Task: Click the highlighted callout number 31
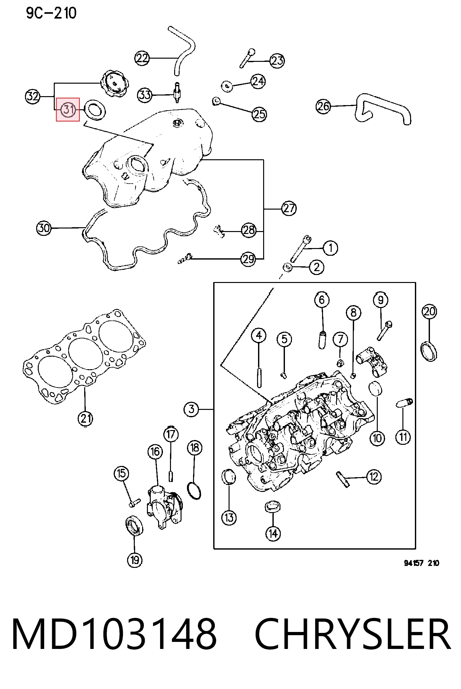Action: click(68, 110)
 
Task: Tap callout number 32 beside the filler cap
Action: click(32, 96)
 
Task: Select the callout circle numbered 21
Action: click(85, 418)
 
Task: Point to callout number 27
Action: click(289, 209)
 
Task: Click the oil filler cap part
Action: click(115, 85)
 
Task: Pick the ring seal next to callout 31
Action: click(95, 110)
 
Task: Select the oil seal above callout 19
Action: click(134, 526)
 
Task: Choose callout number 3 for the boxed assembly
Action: click(191, 409)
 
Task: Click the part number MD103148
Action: click(114, 634)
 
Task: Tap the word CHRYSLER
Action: click(353, 634)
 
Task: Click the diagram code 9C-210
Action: click(51, 13)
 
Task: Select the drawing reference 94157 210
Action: click(421, 563)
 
